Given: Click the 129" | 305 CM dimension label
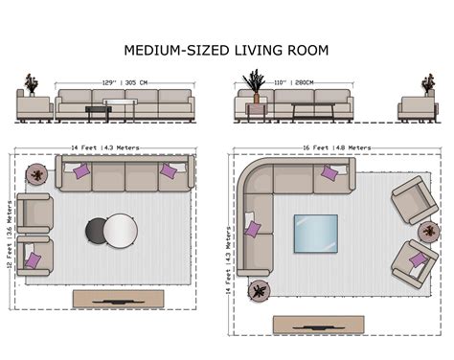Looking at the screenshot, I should click(x=125, y=82).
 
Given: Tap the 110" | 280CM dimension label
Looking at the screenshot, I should click(x=294, y=82).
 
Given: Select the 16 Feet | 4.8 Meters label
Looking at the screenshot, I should click(x=329, y=148).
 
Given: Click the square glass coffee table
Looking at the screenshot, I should click(x=315, y=233).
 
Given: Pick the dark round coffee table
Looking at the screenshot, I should click(x=99, y=231).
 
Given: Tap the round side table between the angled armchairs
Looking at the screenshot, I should click(x=428, y=230).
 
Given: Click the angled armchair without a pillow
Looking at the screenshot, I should click(x=412, y=199).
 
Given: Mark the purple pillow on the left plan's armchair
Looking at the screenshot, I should click(x=34, y=260).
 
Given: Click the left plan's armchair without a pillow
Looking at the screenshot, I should click(x=34, y=213).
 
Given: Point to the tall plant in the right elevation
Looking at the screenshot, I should click(x=256, y=84).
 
